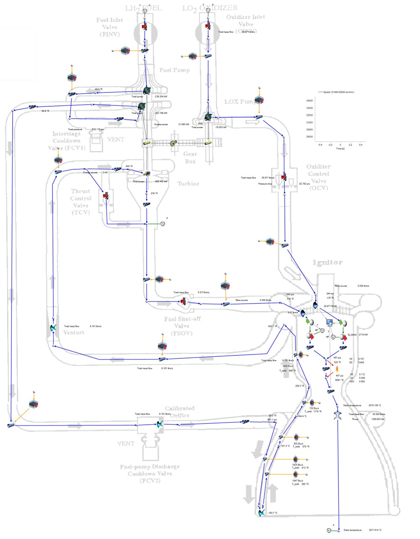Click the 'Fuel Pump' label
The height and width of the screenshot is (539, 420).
[174, 70]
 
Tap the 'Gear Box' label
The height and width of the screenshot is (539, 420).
[190, 158]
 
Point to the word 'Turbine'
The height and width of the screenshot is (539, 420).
[188, 184]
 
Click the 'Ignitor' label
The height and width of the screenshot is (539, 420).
[328, 263]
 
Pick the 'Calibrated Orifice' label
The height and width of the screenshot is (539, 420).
[180, 412]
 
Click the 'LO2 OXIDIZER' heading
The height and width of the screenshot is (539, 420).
[210, 8]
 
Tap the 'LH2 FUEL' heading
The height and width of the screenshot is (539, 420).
[144, 8]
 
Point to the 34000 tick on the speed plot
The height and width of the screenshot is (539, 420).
[309, 101]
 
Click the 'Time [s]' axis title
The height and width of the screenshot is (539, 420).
[340, 149]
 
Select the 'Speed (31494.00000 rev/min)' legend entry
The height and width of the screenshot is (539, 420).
[338, 92]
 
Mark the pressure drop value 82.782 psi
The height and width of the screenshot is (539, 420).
[304, 184]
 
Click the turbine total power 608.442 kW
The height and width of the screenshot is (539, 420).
[161, 181]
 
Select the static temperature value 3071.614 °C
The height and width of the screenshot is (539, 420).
[375, 530]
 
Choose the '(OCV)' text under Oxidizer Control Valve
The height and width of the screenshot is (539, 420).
[318, 188]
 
